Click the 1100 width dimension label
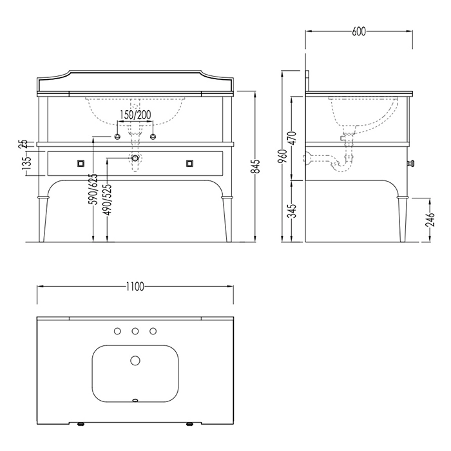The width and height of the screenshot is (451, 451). coord(135,287)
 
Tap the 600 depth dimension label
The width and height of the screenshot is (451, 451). coord(359,32)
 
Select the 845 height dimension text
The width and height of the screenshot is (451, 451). coord(255,166)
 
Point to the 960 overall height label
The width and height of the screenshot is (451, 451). coord(283,156)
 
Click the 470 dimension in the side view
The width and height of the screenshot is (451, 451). coord(293,139)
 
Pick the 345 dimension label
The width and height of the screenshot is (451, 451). coord(293,211)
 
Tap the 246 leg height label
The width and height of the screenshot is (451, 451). coord(431,220)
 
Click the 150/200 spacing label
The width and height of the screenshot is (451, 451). coord(135,115)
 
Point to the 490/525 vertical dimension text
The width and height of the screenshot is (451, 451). coord(108,200)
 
